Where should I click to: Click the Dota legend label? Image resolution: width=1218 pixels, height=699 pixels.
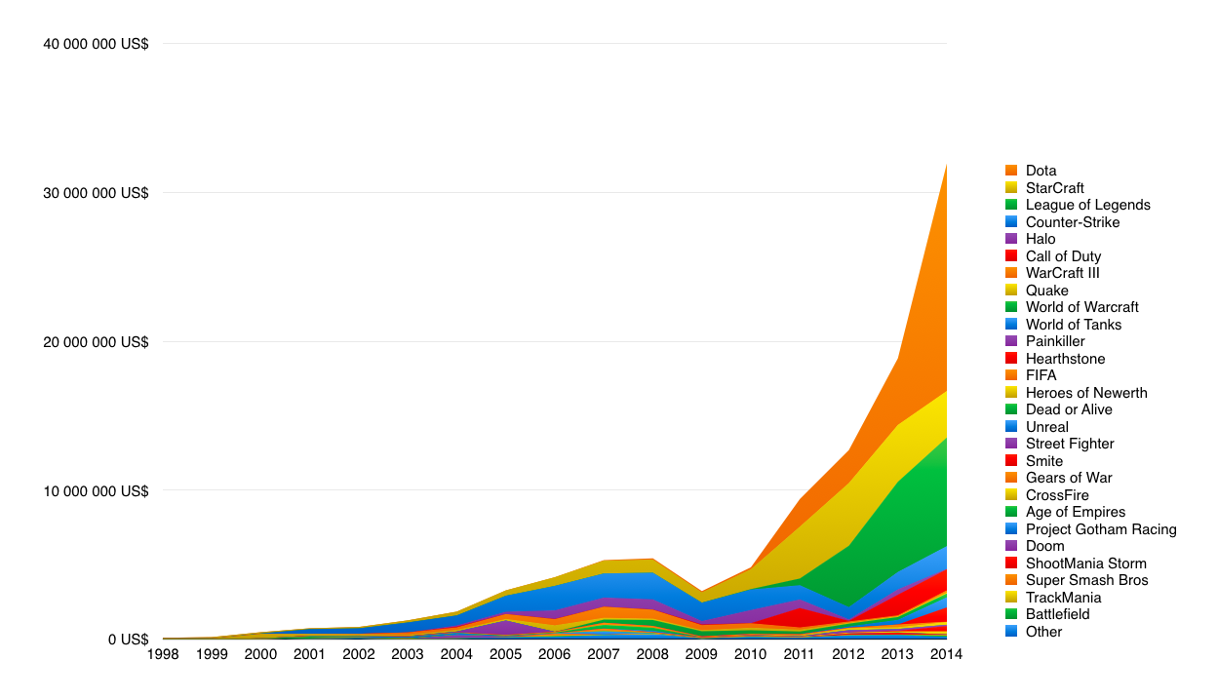1041,171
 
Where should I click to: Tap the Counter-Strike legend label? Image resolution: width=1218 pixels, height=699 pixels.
1073,222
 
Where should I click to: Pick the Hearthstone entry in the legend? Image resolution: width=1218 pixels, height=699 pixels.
1065,359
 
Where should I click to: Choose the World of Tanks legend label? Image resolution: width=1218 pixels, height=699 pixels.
1074,325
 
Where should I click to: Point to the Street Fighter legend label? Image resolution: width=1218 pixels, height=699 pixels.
1070,444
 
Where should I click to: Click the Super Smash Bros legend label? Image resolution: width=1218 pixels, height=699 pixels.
1086,580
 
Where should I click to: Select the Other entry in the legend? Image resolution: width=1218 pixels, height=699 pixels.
1043,632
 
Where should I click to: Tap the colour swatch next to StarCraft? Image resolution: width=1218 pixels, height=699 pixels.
1011,188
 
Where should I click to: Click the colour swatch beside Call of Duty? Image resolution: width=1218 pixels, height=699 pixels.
1011,256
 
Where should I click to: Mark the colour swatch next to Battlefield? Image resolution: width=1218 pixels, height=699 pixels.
1011,614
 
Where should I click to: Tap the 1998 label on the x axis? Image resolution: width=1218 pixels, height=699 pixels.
164,654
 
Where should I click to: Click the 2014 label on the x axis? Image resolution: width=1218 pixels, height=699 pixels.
946,654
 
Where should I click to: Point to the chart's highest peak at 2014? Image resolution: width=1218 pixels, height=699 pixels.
946,165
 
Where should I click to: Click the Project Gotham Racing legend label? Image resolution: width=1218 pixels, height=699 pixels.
1101,529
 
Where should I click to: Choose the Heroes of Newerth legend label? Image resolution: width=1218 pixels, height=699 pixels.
1086,393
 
